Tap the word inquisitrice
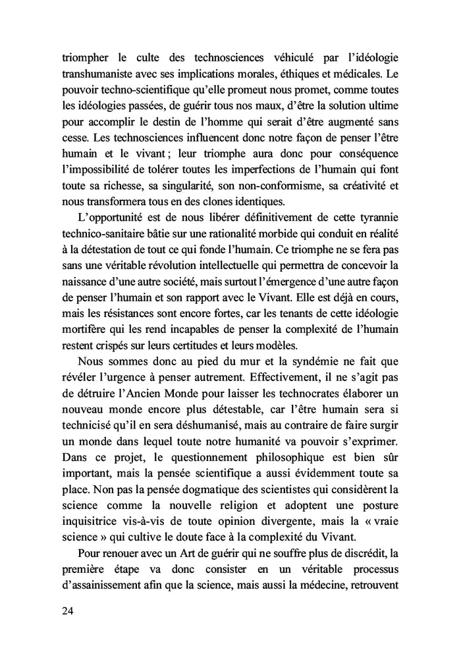tap(90, 533)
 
